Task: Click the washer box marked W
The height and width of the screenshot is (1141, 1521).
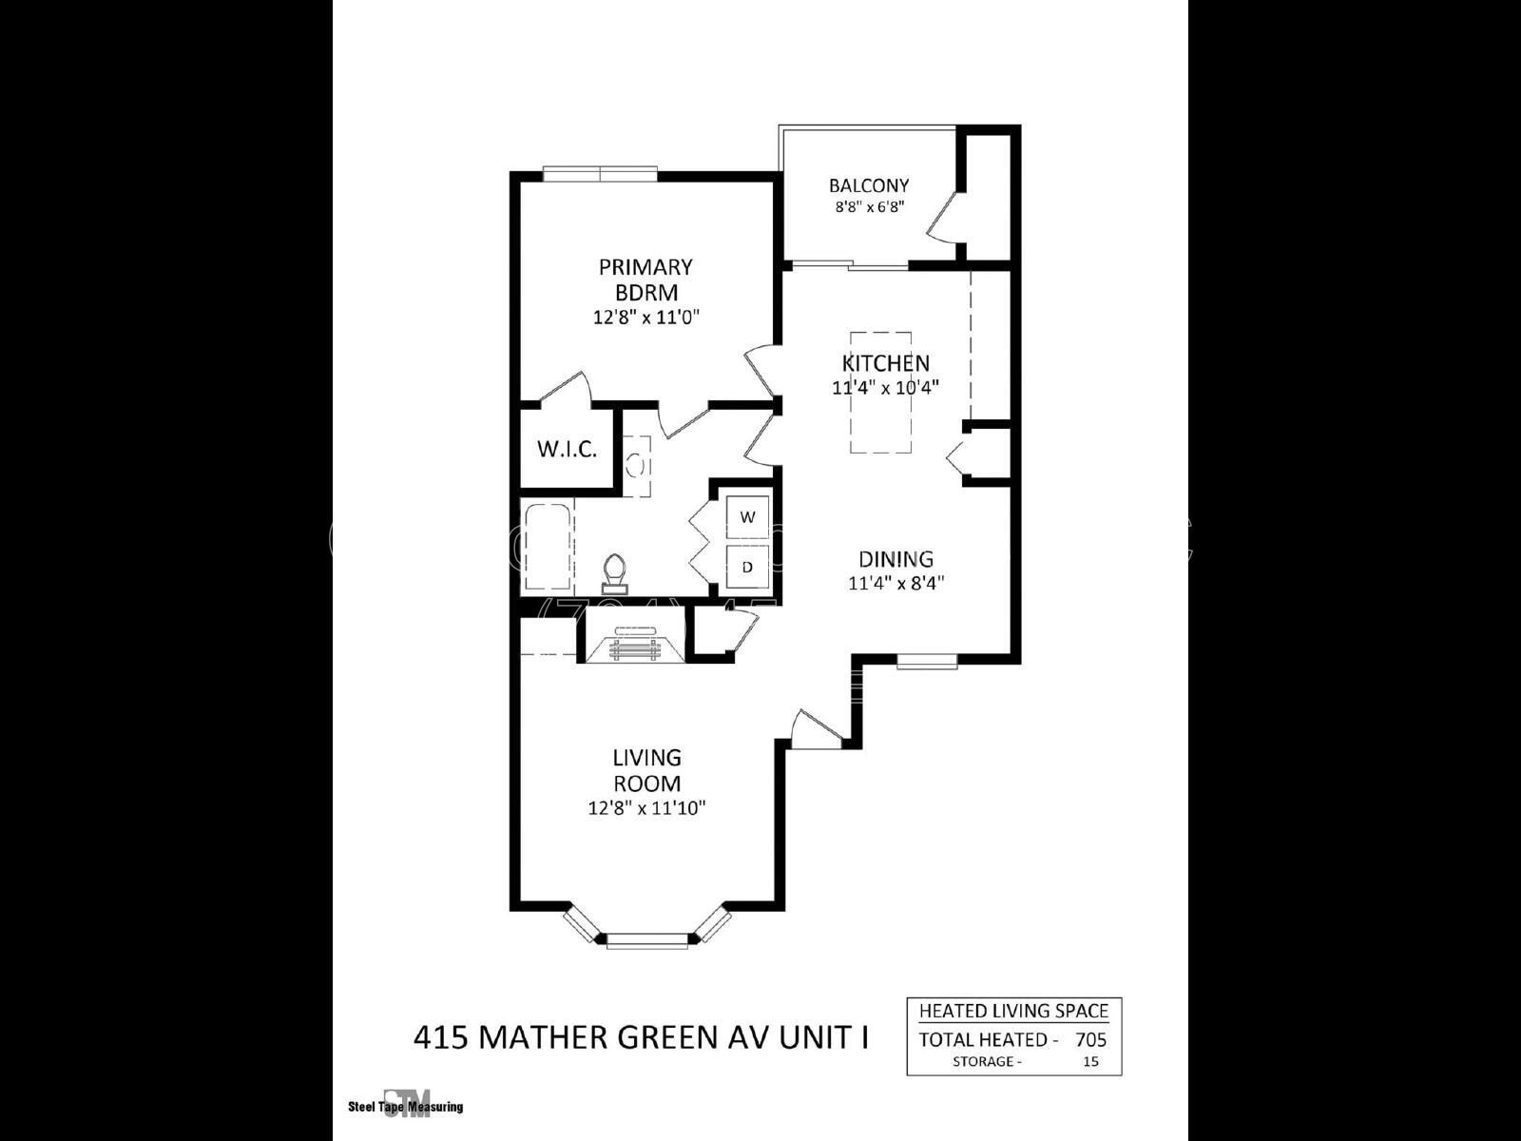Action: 748,517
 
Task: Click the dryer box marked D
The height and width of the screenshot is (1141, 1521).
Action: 748,567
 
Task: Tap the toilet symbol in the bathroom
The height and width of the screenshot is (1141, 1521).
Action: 615,570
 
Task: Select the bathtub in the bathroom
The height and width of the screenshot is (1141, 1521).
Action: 547,549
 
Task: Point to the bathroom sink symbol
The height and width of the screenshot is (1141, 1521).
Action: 637,466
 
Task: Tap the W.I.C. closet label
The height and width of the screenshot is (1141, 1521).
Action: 567,449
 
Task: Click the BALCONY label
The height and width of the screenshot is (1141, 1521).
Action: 868,186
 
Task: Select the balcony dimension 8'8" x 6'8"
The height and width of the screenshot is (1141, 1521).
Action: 868,206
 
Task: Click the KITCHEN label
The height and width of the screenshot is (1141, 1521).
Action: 885,363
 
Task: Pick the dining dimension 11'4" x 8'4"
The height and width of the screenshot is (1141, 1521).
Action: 895,583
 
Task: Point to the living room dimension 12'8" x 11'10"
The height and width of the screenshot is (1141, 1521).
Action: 646,809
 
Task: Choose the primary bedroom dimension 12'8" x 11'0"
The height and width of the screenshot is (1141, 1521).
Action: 646,317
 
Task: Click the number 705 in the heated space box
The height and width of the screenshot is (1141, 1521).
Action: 1090,1039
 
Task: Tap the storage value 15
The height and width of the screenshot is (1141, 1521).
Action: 1090,1061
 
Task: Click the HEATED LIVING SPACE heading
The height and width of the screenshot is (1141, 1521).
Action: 1013,1011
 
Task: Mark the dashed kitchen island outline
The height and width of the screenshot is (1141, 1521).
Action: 880,393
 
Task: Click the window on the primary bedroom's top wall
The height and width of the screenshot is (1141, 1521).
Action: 600,173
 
